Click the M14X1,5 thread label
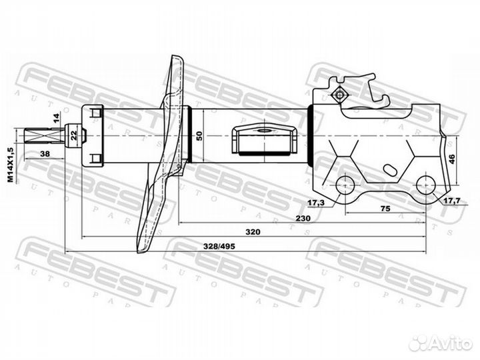pyautogui.click(x=11, y=165)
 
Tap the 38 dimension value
pyautogui.click(x=45, y=154)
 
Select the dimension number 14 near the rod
pyautogui.click(x=56, y=118)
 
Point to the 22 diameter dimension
pyautogui.click(x=74, y=135)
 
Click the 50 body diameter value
pyautogui.click(x=199, y=135)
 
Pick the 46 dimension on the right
pyautogui.click(x=452, y=159)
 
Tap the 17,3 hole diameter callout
pyautogui.click(x=315, y=203)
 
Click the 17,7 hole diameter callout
pyautogui.click(x=452, y=201)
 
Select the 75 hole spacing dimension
pyautogui.click(x=385, y=209)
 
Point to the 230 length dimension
pyautogui.click(x=303, y=218)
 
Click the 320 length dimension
pyautogui.click(x=253, y=232)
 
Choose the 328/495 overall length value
pyautogui.click(x=220, y=246)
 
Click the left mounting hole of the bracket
pyautogui.click(x=345, y=185)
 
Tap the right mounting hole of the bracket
pyautogui.click(x=426, y=185)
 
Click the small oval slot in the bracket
pyautogui.click(x=390, y=170)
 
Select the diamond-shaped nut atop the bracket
pyautogui.click(x=339, y=95)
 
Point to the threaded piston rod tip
pyautogui.click(x=45, y=135)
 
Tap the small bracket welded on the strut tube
pyautogui.click(x=264, y=140)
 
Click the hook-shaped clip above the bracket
pyautogui.click(x=378, y=92)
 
